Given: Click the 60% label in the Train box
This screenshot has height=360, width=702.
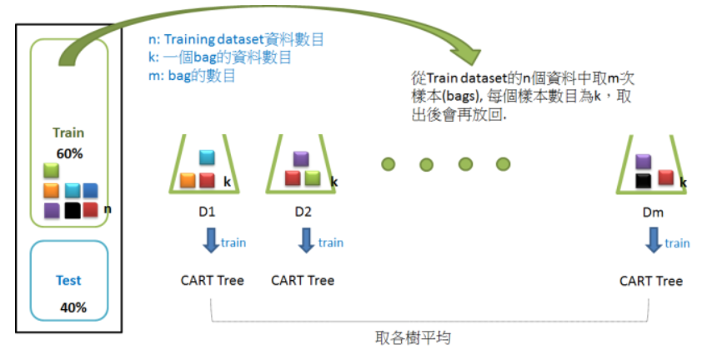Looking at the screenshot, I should pos(69,153).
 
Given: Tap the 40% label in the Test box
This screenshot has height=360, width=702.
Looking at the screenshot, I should pos(73,307).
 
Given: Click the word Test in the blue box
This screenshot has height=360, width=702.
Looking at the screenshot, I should pos(68,281).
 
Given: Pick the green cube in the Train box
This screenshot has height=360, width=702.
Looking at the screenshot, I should pos(52,170).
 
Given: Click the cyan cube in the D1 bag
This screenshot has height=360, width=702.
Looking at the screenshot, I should pos(208,157).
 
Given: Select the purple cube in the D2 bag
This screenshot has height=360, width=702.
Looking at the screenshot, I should pos(302,159).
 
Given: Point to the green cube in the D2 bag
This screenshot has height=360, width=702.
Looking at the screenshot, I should pos(312,177).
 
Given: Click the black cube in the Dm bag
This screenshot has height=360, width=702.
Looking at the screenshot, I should pos(642,179).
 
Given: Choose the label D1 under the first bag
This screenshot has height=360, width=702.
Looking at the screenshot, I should pos(207,212).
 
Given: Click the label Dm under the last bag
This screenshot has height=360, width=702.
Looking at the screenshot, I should pos(653,212).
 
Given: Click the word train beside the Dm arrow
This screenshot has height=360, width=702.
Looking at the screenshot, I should pos(677,242).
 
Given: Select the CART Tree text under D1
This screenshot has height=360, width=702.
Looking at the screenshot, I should pos(213,280).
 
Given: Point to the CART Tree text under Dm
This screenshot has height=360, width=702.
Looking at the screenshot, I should pos(651,281).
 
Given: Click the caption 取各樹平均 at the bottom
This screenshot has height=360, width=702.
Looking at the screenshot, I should pos(414,339).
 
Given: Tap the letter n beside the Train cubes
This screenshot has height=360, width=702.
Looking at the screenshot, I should pos(107,208).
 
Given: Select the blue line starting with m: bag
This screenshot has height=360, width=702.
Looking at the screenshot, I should pos(190,76).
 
